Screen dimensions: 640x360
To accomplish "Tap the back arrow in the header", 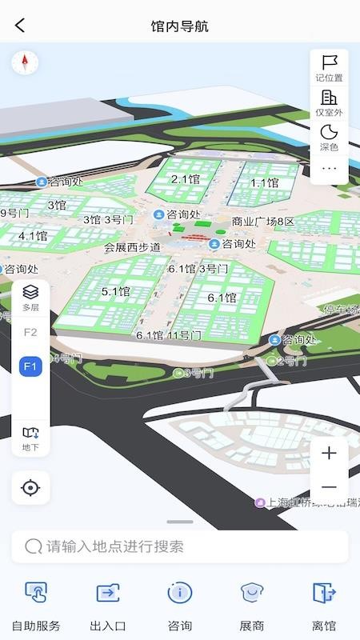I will point(20,26).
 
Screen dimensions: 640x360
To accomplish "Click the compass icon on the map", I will point(25,62).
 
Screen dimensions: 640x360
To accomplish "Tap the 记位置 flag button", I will point(329,67).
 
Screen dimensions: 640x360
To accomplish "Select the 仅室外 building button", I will point(329,102).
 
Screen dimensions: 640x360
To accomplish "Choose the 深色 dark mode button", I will point(329,137).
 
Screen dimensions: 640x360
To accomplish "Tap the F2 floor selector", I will point(30,332).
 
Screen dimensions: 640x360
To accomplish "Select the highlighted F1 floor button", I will point(30,366).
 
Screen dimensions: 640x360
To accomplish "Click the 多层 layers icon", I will point(30,297).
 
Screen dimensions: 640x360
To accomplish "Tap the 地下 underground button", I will point(30,438).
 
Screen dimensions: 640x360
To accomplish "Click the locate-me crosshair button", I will point(30,487).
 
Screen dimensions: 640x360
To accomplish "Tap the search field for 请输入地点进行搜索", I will point(180,546).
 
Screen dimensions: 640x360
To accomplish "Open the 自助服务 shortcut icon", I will point(36,593).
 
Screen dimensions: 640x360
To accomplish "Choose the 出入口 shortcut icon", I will point(108,593).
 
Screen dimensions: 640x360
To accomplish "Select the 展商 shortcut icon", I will point(252,593).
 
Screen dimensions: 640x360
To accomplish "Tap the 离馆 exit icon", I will point(324,593).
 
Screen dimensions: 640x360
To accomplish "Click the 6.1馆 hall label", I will point(222,298).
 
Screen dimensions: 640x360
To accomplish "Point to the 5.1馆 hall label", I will point(115,291).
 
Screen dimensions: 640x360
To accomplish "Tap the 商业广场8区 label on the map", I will point(263,222).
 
